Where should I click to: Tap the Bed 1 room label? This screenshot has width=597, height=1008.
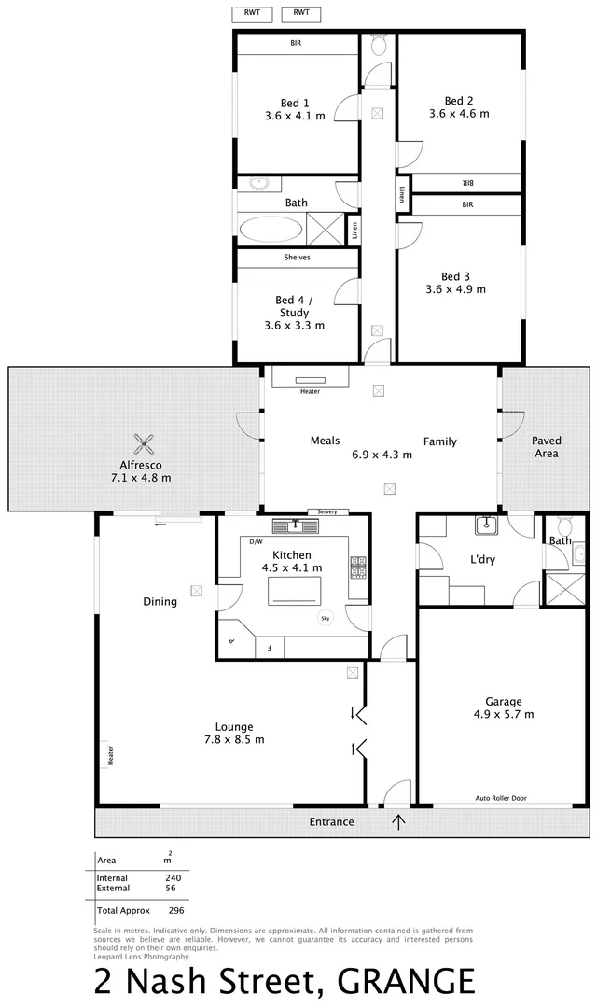(x=295, y=103)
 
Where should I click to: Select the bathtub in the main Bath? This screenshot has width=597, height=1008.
(x=271, y=228)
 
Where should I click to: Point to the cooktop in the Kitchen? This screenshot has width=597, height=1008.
(x=357, y=566)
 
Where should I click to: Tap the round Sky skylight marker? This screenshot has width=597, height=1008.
(x=325, y=617)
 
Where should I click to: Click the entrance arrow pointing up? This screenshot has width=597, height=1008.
(x=400, y=821)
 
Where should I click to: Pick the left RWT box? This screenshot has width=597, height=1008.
(x=253, y=13)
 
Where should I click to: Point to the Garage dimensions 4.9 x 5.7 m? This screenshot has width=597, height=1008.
(x=503, y=715)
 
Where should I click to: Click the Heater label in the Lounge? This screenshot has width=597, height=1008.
(x=110, y=754)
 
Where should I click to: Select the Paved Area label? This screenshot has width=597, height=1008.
(x=546, y=446)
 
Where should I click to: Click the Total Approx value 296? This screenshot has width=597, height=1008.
(x=176, y=909)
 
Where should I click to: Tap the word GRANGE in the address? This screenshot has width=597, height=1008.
(x=406, y=983)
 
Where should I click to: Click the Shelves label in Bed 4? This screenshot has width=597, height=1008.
(x=297, y=257)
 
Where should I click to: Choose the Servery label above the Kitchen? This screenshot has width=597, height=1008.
(x=326, y=511)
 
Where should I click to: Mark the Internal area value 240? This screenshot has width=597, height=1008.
(x=173, y=877)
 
